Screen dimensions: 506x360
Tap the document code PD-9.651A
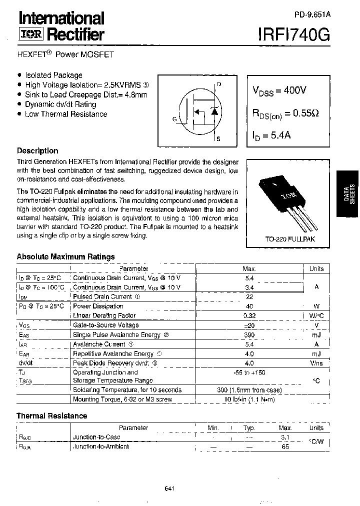[x=309, y=15]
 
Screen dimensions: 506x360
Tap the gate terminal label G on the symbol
[x=174, y=119]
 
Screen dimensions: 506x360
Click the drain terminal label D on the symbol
[x=219, y=84]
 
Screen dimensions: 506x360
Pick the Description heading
[x=37, y=151]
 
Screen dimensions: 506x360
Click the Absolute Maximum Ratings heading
[x=65, y=256]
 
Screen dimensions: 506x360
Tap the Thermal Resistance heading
[x=51, y=415]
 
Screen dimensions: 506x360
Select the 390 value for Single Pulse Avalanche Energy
[x=249, y=334]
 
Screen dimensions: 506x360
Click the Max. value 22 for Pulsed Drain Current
[x=249, y=296]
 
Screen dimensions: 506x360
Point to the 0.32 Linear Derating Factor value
[x=249, y=315]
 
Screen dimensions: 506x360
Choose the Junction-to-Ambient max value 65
[x=285, y=446]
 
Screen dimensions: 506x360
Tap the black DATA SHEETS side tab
[x=348, y=192]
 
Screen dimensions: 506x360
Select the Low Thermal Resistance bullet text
[x=66, y=114]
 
